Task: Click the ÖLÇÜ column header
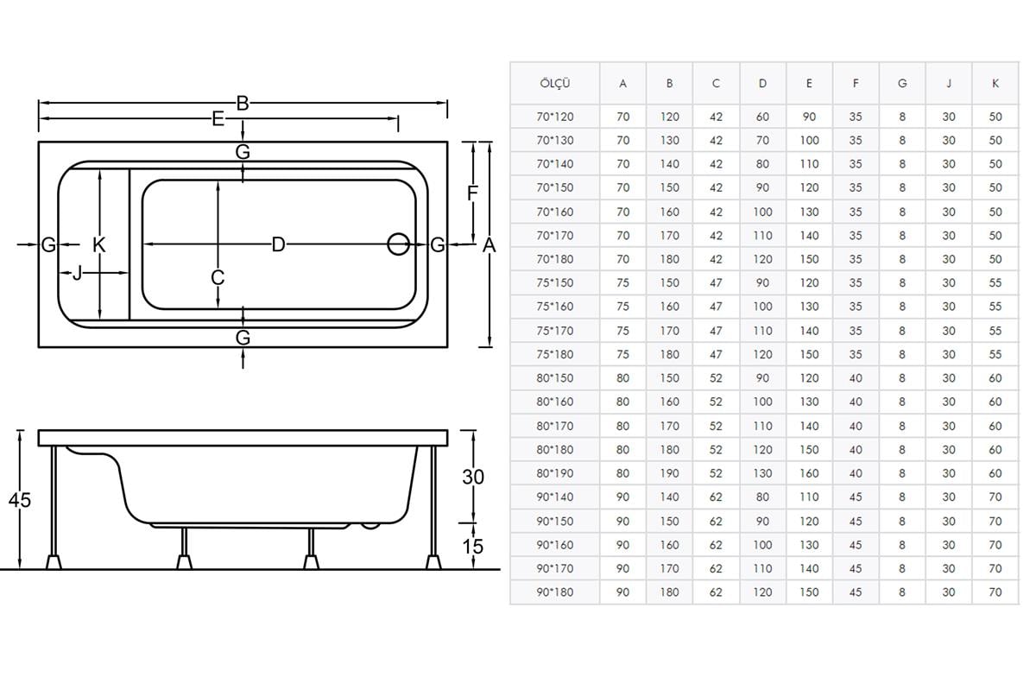[x=554, y=84]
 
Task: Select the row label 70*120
[x=554, y=117]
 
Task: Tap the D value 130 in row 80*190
[x=762, y=473]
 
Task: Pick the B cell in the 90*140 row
[x=669, y=497]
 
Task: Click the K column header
[x=995, y=84]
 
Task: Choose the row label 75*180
[x=554, y=354]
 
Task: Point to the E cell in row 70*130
[x=809, y=140]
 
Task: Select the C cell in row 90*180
[x=716, y=592]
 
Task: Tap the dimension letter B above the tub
[x=243, y=104]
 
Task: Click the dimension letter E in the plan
[x=218, y=119]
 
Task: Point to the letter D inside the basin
[x=278, y=244]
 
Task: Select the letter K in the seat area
[x=99, y=244]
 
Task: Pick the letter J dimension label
[x=77, y=273]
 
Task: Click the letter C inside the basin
[x=218, y=278]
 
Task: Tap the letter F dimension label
[x=472, y=193]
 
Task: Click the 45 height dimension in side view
[x=19, y=500]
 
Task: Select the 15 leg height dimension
[x=473, y=547]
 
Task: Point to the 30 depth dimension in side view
[x=473, y=477]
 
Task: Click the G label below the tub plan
[x=243, y=338]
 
